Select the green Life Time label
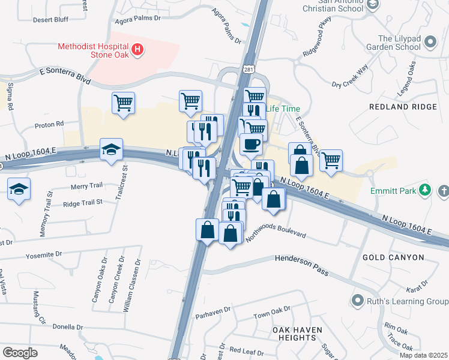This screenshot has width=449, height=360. click(x=282, y=109)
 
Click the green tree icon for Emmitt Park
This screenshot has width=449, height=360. click(x=426, y=190)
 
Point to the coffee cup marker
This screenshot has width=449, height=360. click(x=250, y=145)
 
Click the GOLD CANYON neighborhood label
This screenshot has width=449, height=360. click(x=393, y=257)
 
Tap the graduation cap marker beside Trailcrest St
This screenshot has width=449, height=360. click(x=111, y=150)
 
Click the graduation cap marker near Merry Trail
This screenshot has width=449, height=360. click(x=19, y=189)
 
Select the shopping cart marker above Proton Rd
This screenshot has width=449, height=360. click(x=123, y=103)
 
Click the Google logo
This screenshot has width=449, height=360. click(x=20, y=352)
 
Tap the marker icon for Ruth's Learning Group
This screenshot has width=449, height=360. click(x=358, y=299)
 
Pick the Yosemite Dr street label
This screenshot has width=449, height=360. click(x=43, y=256)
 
